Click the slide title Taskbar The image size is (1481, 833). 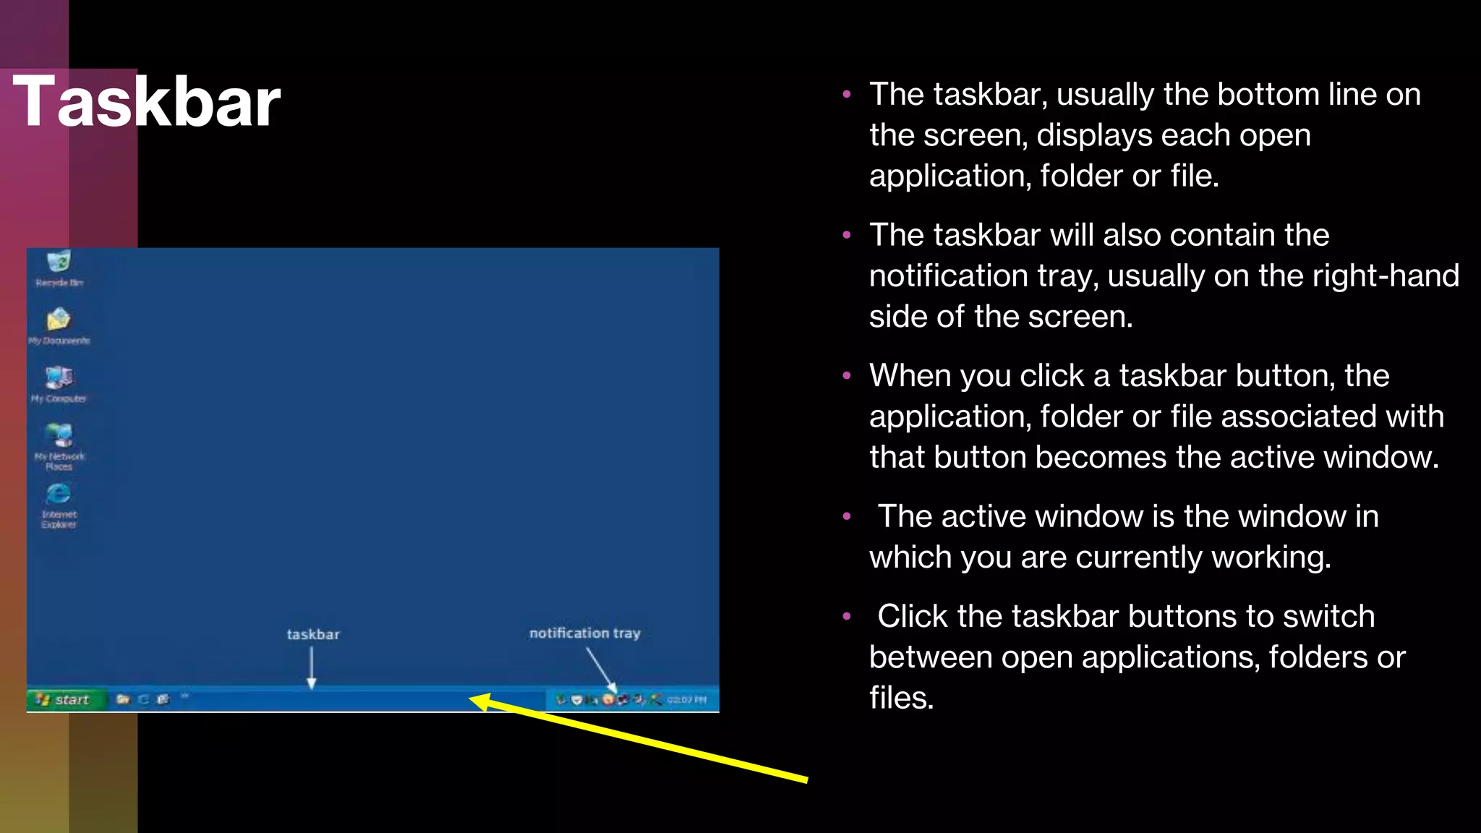pyautogui.click(x=146, y=103)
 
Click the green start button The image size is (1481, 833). pyautogui.click(x=64, y=699)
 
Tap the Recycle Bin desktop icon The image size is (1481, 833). pyautogui.click(x=59, y=262)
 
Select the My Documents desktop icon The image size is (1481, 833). pyautogui.click(x=59, y=320)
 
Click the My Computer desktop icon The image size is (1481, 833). pyautogui.click(x=59, y=377)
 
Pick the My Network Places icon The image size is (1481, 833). pyautogui.click(x=59, y=436)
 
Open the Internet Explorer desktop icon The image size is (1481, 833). pyautogui.click(x=59, y=494)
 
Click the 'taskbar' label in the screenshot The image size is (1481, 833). pyautogui.click(x=312, y=634)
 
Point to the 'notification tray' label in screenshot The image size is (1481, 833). pyautogui.click(x=584, y=633)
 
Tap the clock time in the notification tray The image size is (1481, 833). pyautogui.click(x=686, y=699)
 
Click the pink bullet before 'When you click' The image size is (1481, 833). pyautogui.click(x=847, y=376)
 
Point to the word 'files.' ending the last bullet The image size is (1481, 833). pyautogui.click(x=901, y=698)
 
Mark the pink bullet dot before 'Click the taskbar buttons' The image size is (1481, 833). pyautogui.click(x=847, y=617)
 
